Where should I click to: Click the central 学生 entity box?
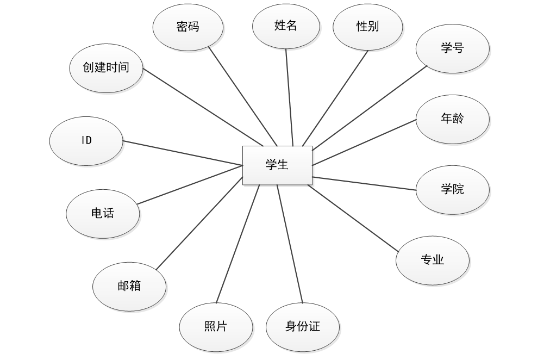(277, 165)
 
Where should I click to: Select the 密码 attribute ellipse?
(188, 27)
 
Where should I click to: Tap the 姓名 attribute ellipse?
(286, 26)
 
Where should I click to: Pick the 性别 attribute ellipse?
(367, 26)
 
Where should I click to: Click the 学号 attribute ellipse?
(452, 48)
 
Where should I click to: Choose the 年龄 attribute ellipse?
(452, 119)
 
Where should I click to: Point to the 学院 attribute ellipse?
(452, 189)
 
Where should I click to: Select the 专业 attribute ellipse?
(433, 260)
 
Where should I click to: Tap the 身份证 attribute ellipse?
(303, 326)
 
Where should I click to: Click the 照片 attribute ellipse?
(216, 326)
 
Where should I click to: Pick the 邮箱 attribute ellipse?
(129, 286)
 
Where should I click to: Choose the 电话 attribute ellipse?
(103, 213)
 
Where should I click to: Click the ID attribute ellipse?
(86, 140)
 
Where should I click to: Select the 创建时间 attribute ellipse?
(107, 67)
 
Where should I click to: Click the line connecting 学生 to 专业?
(353, 218)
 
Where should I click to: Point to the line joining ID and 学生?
(182, 152)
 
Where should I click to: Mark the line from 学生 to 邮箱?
(199, 223)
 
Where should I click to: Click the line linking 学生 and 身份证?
(290, 244)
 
